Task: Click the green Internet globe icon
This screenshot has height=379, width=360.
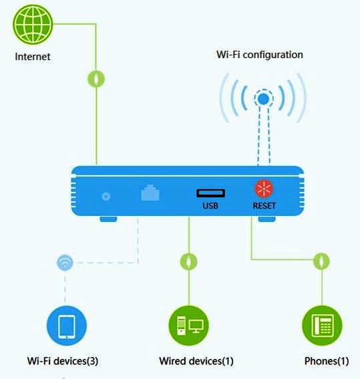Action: click(x=33, y=25)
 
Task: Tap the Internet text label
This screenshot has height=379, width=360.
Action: click(x=33, y=57)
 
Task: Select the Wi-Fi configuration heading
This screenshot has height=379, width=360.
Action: click(x=260, y=55)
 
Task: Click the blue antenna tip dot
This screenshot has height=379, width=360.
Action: click(x=263, y=99)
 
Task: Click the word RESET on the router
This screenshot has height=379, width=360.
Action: click(x=264, y=206)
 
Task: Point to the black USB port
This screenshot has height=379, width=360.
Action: click(x=210, y=193)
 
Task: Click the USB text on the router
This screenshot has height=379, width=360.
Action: click(x=210, y=206)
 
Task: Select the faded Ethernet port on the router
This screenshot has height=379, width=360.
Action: click(x=150, y=193)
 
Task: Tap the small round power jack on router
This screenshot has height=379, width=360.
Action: click(x=106, y=197)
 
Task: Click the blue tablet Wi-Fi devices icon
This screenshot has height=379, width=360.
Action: click(x=66, y=326)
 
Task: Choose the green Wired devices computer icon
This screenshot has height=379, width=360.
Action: click(x=189, y=326)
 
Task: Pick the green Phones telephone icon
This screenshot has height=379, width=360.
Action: click(x=322, y=326)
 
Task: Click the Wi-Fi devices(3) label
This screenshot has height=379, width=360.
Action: click(x=63, y=361)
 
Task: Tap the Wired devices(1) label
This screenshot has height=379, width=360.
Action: click(x=196, y=361)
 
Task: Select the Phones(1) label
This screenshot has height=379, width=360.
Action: click(x=327, y=361)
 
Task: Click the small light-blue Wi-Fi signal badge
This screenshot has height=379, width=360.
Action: click(x=65, y=263)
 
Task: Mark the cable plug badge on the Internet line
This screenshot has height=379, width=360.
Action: click(x=96, y=79)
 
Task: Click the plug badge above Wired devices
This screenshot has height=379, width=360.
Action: click(x=189, y=261)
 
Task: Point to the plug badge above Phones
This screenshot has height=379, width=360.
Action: click(x=321, y=261)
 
